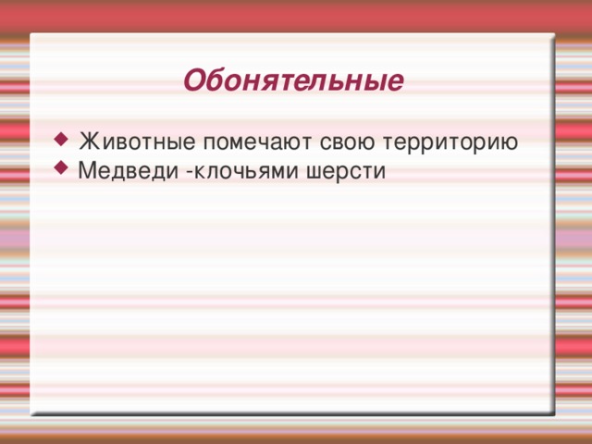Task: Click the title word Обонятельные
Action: point(292,81)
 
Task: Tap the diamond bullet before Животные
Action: point(61,141)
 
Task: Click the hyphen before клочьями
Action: point(189,172)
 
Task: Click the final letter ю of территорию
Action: point(510,144)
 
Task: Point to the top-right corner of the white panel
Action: point(554,34)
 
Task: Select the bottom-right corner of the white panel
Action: point(554,413)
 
